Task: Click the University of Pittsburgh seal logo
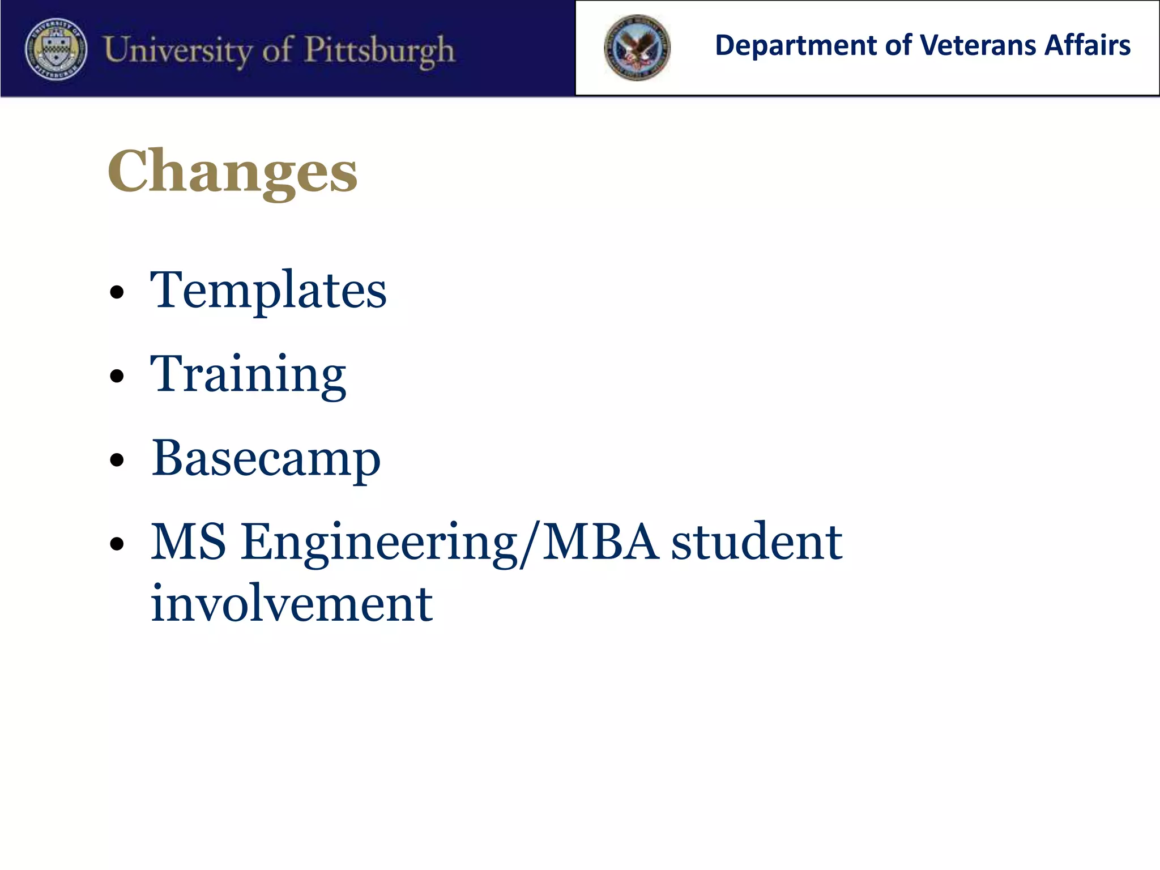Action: (56, 49)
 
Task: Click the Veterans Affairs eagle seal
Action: (637, 48)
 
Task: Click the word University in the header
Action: (178, 50)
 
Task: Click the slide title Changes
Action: (232, 172)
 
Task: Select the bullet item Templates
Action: (268, 290)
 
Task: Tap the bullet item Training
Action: (248, 374)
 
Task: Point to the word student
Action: (757, 542)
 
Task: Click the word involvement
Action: (292, 603)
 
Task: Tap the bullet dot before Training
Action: (117, 376)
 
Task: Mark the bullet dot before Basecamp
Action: (117, 460)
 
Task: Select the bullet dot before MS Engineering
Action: (117, 544)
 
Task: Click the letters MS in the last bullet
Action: (189, 542)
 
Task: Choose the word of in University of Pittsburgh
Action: (277, 49)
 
